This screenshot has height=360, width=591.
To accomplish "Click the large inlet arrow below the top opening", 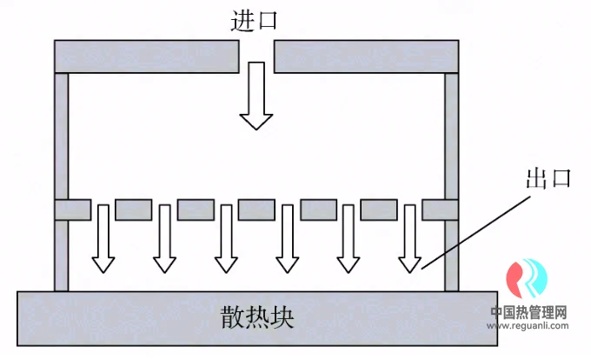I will click(256, 96).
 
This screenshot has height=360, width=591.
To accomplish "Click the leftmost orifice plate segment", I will click(73, 210).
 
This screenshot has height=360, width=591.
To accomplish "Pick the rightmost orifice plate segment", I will click(440, 210).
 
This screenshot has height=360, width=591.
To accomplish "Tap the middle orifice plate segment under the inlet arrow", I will click(256, 210).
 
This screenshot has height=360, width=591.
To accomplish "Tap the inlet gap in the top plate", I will click(256, 57).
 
